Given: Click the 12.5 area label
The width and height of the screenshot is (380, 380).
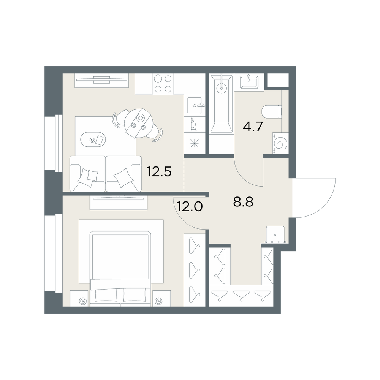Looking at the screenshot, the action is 159,172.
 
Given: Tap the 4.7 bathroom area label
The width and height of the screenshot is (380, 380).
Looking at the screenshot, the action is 253,127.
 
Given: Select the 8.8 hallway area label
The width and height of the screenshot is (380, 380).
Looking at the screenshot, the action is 243,202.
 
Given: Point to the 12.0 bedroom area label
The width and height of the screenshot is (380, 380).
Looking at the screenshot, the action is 190,207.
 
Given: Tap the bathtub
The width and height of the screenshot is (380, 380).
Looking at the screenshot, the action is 222,103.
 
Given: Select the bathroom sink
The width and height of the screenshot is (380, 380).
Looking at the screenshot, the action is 249,82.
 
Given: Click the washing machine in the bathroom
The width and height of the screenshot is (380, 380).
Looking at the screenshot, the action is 281,143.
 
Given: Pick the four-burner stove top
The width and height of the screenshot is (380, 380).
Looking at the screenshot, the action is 163,84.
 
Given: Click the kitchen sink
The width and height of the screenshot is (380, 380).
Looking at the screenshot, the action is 195,106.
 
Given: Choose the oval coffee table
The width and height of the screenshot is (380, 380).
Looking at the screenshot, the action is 93,139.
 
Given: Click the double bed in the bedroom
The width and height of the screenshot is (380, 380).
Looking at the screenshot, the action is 120,269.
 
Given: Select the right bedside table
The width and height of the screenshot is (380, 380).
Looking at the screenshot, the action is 161,298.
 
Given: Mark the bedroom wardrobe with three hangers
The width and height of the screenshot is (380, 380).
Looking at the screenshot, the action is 195,270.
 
